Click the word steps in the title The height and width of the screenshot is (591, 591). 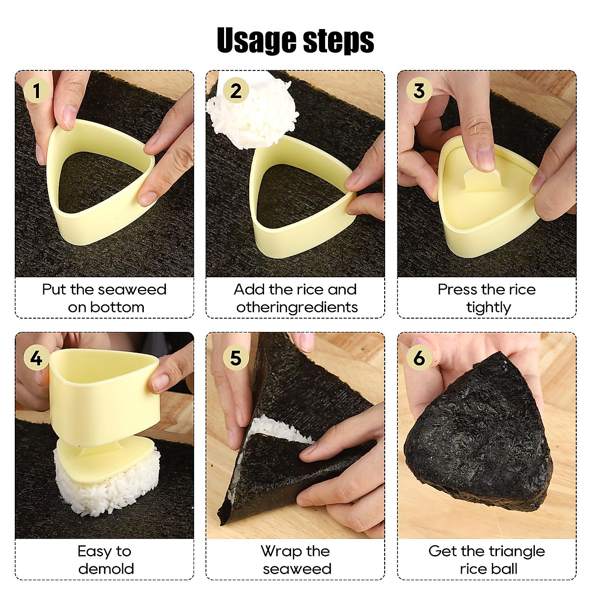click(339, 41)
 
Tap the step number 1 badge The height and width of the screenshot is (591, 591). click(36, 91)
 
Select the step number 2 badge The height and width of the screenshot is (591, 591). click(236, 91)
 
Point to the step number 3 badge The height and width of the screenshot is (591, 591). click(419, 91)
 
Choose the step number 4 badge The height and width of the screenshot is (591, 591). click(36, 358)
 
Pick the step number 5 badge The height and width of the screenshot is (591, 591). click(236, 358)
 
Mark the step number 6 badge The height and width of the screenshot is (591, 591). click(419, 358)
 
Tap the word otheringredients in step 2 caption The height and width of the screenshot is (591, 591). click(297, 307)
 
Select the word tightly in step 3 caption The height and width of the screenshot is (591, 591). click(489, 308)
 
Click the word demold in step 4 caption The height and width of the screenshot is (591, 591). click(106, 569)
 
